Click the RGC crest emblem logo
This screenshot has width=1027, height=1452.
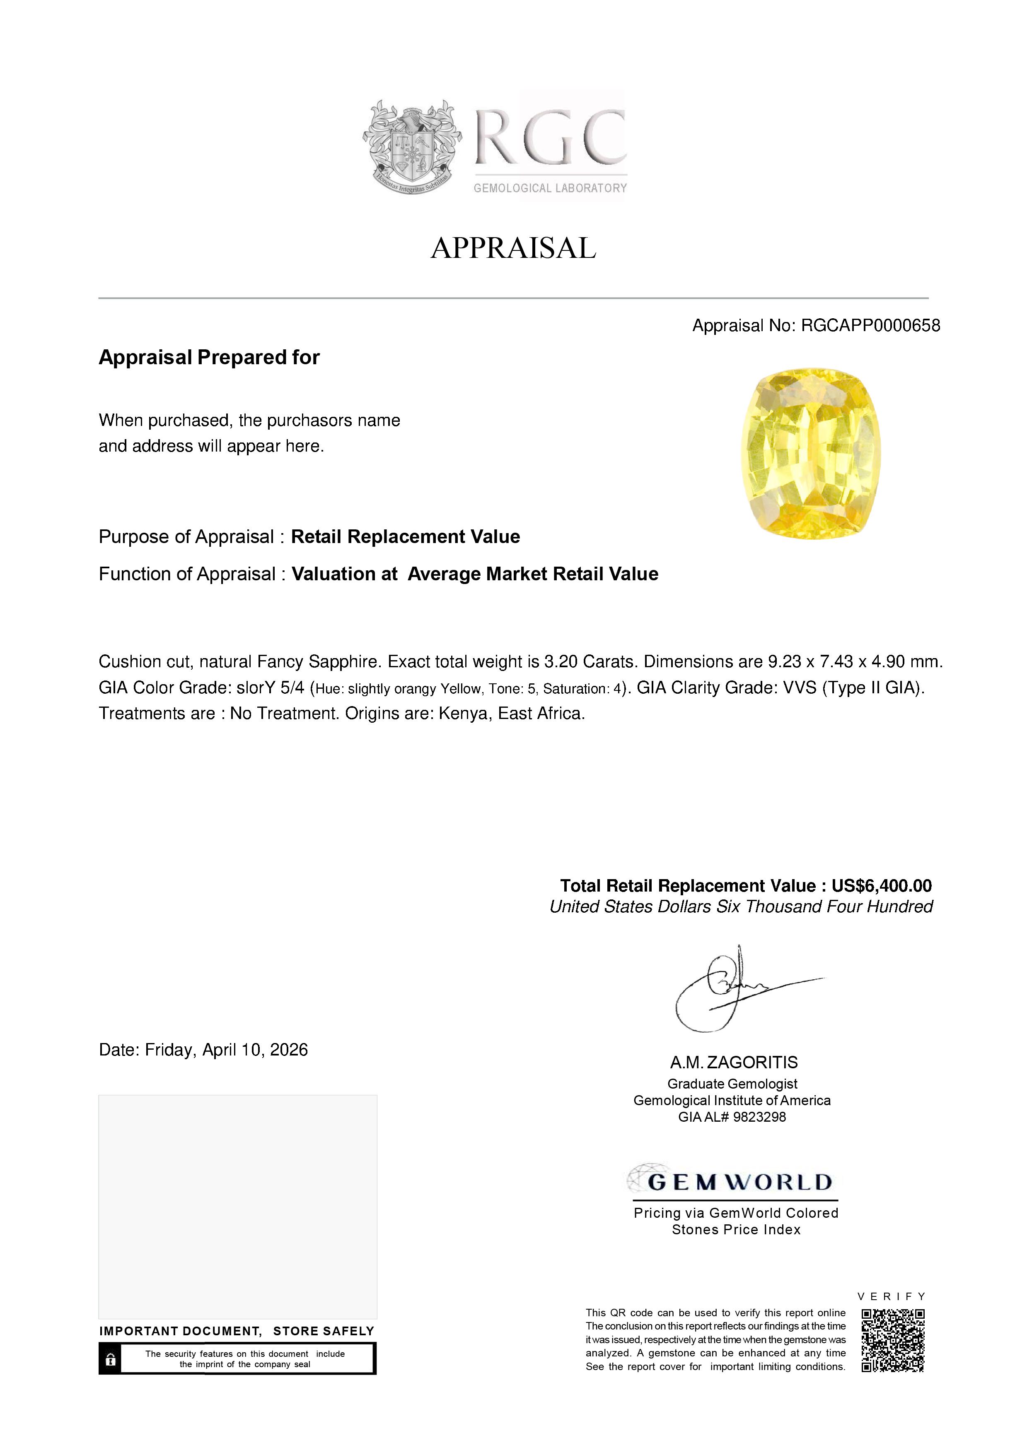pos(412,147)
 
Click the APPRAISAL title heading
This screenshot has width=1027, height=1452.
pos(513,248)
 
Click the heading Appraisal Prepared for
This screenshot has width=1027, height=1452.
pos(209,357)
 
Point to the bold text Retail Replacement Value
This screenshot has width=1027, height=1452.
pos(405,537)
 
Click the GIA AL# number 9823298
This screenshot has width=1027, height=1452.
pos(759,1117)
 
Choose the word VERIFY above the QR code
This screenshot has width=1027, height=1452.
pos(892,1296)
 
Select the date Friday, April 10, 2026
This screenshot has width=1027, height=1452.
pos(226,1050)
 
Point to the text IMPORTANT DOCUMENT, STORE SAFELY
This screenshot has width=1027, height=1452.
pos(237,1331)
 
